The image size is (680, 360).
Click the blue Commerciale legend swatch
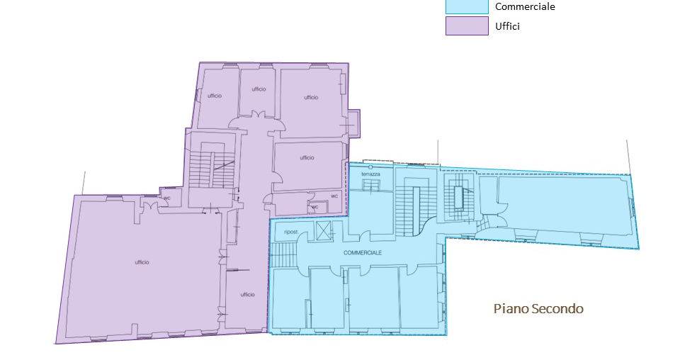click(467, 6)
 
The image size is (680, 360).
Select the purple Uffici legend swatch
click(467, 26)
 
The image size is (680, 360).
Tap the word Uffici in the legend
click(507, 26)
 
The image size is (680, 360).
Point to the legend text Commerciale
click(525, 6)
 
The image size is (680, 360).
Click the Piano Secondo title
click(538, 308)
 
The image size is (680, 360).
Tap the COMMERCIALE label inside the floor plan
click(363, 252)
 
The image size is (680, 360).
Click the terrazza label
click(370, 174)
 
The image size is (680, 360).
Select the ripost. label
click(291, 232)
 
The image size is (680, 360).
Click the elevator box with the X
click(323, 230)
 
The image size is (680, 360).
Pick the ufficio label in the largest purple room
click(142, 262)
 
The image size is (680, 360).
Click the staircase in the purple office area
click(212, 169)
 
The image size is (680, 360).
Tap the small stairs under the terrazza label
click(370, 186)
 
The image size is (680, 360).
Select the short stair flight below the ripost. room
click(283, 255)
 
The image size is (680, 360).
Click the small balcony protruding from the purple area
click(354, 123)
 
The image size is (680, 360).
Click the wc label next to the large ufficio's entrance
click(166, 198)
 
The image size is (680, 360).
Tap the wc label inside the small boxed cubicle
click(314, 207)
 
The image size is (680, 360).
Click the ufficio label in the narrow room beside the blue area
click(248, 295)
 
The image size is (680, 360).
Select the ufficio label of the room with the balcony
click(311, 97)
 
